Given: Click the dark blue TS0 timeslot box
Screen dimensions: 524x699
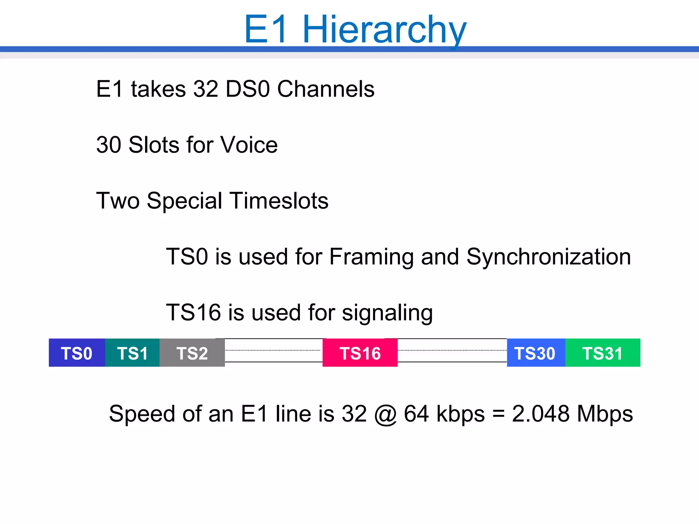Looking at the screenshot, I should pos(77,353).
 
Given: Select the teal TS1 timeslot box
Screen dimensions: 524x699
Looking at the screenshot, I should pos(132,353).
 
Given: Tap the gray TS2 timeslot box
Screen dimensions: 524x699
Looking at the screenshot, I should pos(192,353).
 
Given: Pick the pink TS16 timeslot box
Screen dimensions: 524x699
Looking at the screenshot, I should pos(360,353).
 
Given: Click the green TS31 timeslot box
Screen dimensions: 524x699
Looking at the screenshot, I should pos(603,353).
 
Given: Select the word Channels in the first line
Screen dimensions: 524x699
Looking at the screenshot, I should pos(326,89).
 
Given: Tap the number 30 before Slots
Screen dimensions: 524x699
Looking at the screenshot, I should pos(109,145).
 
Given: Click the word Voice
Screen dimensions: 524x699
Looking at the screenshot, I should pos(249,145).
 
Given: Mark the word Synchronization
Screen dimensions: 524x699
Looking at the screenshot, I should pos(548,257).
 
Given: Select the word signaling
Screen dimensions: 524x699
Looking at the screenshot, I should pos(387,313).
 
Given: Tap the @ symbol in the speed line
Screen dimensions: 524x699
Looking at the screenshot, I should pos(385,414).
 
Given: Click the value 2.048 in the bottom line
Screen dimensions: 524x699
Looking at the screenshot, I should pos(541,414).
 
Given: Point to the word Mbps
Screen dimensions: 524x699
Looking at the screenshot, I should pos(605,414).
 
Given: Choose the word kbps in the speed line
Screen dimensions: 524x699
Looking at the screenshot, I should pos(460,414).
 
